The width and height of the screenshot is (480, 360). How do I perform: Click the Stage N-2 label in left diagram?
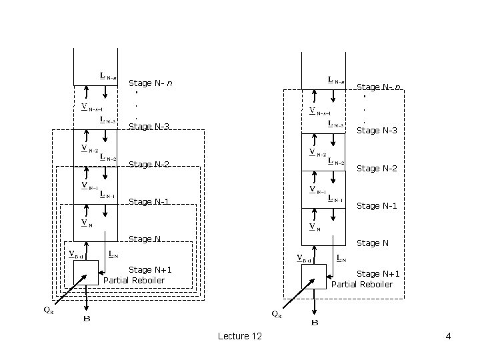coord(149,164)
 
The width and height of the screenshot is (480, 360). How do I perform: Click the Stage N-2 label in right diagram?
coord(377,169)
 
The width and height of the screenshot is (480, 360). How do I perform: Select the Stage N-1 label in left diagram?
coord(149,201)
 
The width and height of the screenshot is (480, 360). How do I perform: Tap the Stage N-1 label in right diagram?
coord(377,206)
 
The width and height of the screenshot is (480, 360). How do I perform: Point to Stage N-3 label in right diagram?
coord(377,131)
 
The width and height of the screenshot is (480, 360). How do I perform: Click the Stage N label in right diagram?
coord(373,243)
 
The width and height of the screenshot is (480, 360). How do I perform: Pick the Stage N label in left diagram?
coord(144,239)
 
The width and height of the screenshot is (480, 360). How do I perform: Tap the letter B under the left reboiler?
coord(87,319)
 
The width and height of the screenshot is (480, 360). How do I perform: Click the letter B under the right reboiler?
coord(315,323)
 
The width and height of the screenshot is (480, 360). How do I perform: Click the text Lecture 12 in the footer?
coord(239,337)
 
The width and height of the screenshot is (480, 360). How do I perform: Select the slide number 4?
coord(448,337)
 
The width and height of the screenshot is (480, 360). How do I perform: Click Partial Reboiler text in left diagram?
coord(134,280)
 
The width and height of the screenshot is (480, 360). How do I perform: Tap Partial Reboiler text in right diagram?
coord(362,285)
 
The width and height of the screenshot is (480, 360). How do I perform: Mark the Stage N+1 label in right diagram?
coord(378,274)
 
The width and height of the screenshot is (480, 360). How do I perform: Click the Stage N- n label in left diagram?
coord(151,83)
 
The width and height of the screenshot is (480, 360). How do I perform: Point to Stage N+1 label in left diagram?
coord(150,269)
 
